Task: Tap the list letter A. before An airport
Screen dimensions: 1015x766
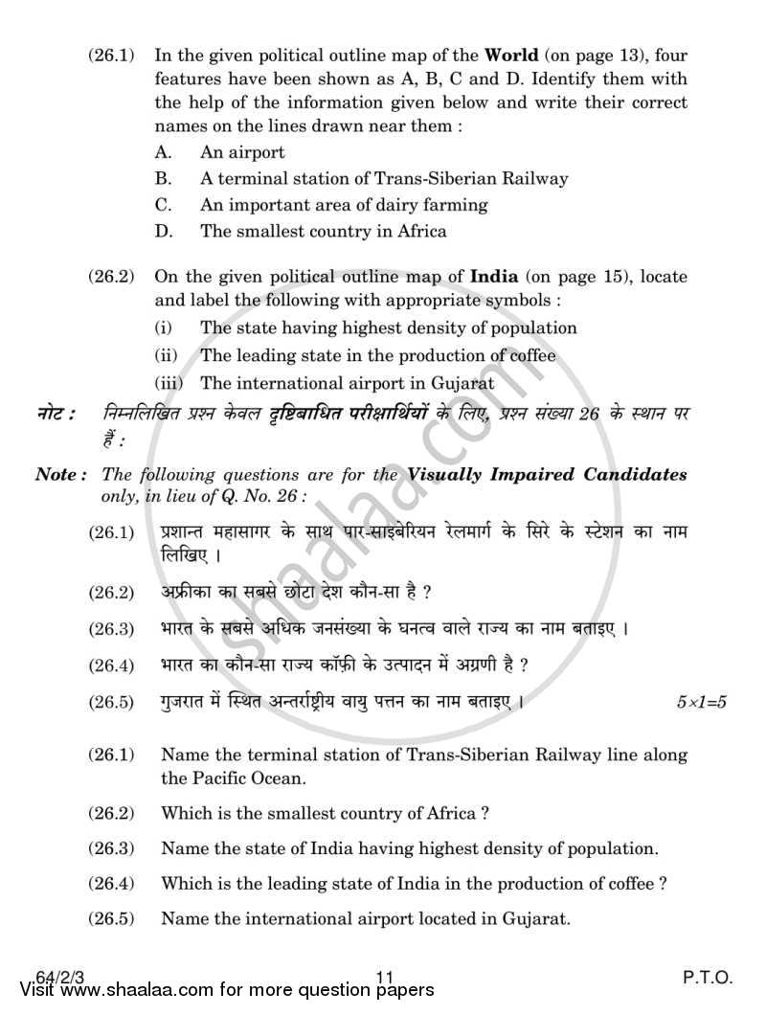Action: click(163, 152)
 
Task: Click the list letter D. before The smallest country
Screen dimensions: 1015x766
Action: click(164, 231)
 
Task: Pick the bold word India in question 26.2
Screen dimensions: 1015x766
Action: click(494, 277)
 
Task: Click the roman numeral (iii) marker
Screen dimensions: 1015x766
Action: click(168, 383)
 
